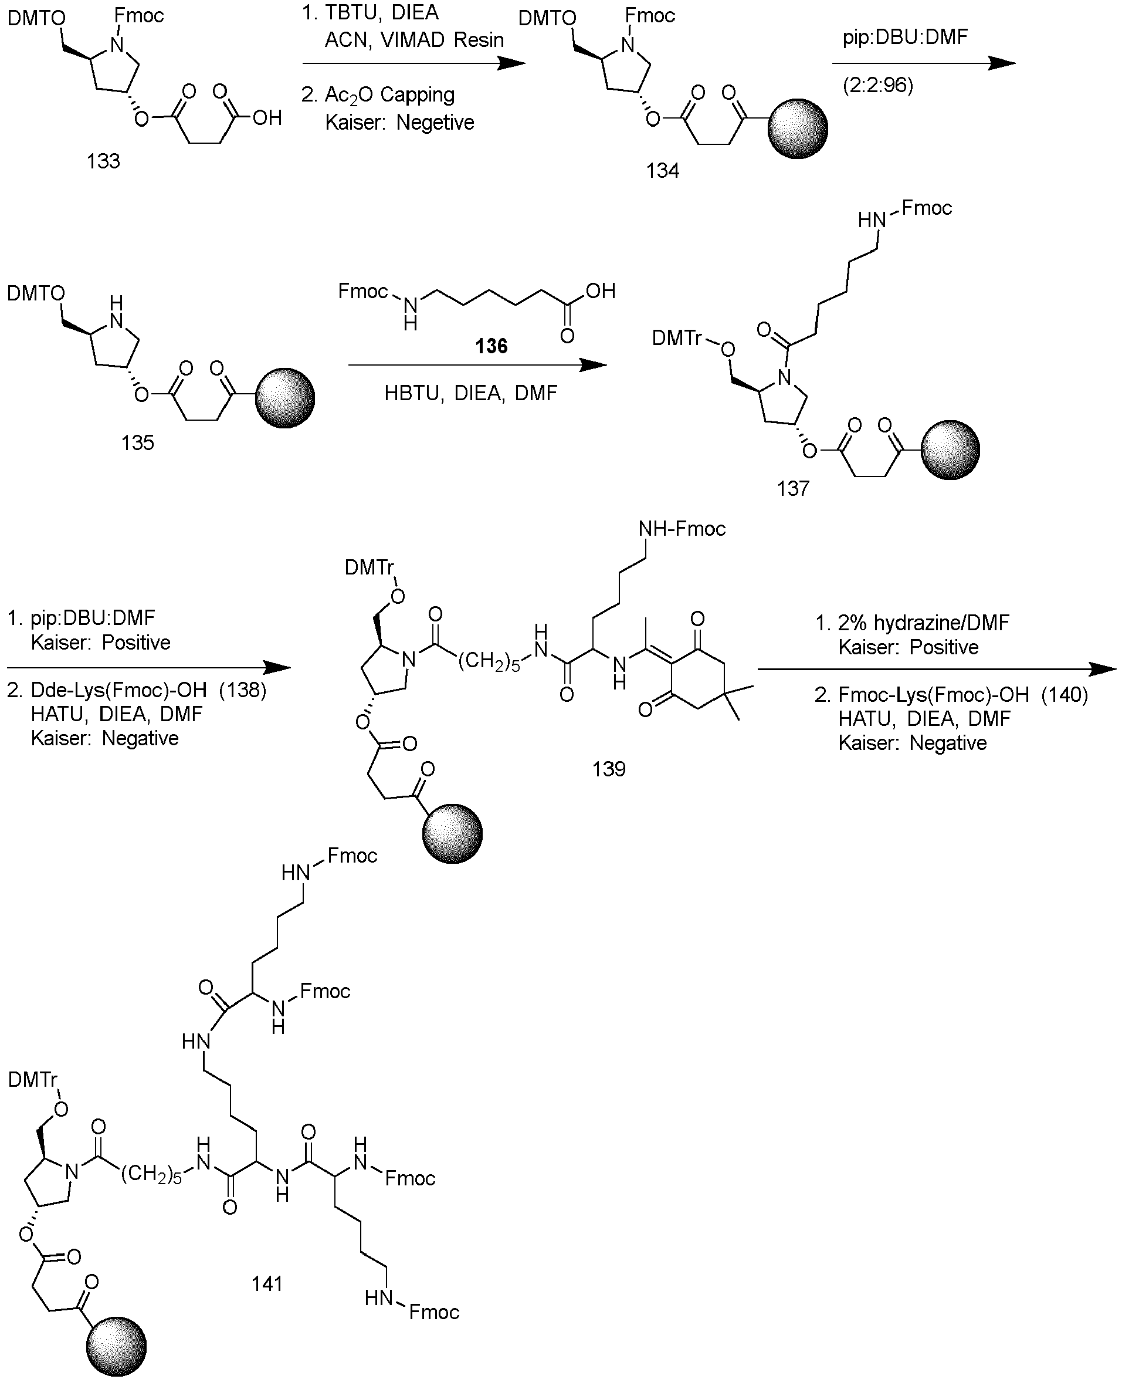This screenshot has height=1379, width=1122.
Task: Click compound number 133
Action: pos(103,161)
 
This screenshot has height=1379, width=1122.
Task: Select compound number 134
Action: pos(663,171)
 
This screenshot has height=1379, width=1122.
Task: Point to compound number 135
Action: pos(138,443)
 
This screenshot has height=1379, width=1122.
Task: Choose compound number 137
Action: pos(793,488)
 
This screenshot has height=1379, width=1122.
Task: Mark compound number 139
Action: pos(609,769)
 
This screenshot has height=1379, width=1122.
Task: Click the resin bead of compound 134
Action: pos(798,129)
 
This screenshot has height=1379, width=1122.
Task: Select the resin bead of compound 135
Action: pos(285,398)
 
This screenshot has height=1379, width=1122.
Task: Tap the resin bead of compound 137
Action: pos(950,450)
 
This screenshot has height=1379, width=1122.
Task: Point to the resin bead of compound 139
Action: pos(452,834)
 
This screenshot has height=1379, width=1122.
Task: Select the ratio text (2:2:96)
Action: pos(877,85)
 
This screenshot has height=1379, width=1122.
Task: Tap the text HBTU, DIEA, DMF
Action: pos(470,393)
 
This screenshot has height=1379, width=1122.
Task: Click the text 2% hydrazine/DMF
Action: pos(924,623)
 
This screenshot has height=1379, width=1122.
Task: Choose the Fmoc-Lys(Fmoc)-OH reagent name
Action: pos(933,694)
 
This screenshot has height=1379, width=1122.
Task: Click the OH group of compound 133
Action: pos(267,118)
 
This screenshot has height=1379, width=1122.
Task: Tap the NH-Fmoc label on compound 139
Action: pos(682,529)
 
